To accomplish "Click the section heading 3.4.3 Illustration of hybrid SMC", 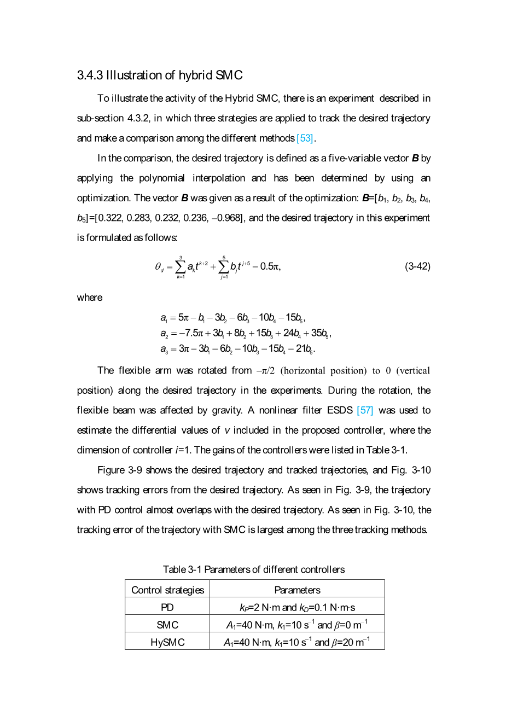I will pyautogui.click(x=160, y=75).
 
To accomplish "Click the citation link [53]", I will pyautogui.click(x=305, y=138).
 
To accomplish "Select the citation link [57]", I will pyautogui.click(x=365, y=410).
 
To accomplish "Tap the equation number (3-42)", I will pyautogui.click(x=417, y=266).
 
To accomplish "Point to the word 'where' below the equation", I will pyautogui.click(x=90, y=298).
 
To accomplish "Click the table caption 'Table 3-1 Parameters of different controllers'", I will pyautogui.click(x=254, y=569).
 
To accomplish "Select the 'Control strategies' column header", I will pyautogui.click(x=167, y=590).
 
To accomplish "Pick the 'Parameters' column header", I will pyautogui.click(x=297, y=590).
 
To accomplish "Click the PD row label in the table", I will pyautogui.click(x=167, y=607).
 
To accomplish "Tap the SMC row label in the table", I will pyautogui.click(x=167, y=625).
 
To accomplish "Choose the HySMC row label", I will pyautogui.click(x=167, y=642).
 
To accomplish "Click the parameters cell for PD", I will pyautogui.click(x=297, y=607).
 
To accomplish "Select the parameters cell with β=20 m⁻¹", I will pyautogui.click(x=297, y=642).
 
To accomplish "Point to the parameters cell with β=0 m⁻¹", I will pyautogui.click(x=297, y=625).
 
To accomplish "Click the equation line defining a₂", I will pyautogui.click(x=246, y=333).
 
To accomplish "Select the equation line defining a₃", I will pyautogui.click(x=237, y=349).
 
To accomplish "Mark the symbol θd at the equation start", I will pyautogui.click(x=159, y=267).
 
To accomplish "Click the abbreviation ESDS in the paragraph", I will pyautogui.click(x=340, y=410).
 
